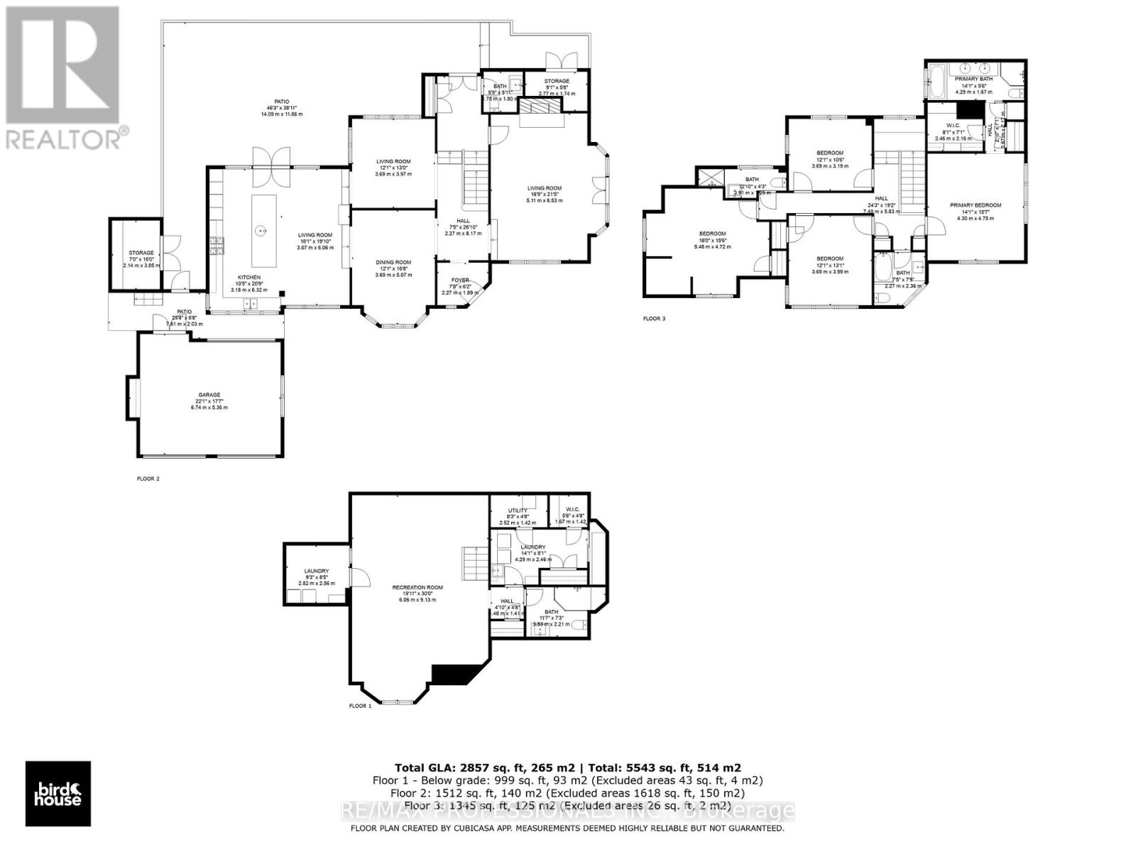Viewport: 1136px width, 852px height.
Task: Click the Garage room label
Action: click(x=209, y=395)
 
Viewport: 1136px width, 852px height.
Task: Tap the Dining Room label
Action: click(x=393, y=263)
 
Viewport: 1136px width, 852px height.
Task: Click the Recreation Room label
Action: click(x=417, y=587)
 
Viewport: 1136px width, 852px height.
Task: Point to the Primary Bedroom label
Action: click(x=976, y=205)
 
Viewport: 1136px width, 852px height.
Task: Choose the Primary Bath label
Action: click(x=973, y=79)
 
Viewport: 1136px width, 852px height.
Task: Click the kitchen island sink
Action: click(x=261, y=230)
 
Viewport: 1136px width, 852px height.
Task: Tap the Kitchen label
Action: click(x=249, y=278)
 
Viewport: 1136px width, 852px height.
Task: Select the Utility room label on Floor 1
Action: click(x=518, y=510)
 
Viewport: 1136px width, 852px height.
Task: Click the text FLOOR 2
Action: click(x=148, y=479)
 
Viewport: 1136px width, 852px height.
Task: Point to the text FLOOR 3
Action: click(x=654, y=319)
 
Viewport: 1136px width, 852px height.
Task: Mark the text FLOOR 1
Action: click(x=360, y=706)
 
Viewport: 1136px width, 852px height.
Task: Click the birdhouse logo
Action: click(x=58, y=793)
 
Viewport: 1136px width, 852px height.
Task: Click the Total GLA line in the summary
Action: click(x=567, y=768)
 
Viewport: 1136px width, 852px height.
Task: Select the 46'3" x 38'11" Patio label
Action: click(x=283, y=102)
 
